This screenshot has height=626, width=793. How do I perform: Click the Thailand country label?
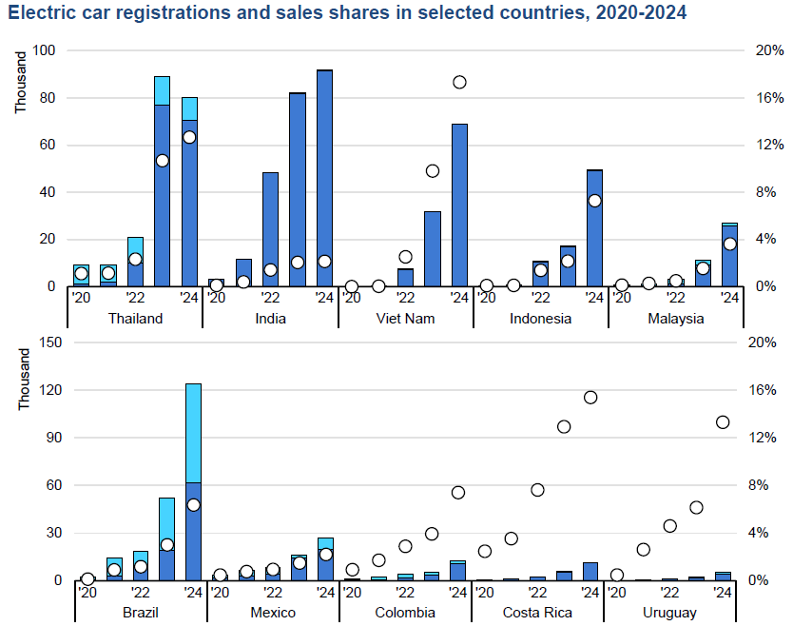(136, 319)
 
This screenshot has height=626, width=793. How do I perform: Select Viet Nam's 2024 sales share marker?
(459, 82)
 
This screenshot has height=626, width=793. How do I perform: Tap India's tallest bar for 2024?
(324, 178)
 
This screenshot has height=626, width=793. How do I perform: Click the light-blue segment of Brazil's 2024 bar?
(193, 433)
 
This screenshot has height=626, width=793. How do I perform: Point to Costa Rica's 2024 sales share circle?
(590, 398)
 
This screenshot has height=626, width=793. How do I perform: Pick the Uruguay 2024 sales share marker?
(723, 422)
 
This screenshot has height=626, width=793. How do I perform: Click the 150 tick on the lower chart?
(50, 342)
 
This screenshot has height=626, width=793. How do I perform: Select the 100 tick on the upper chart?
(44, 50)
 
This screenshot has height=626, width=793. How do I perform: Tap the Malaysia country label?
(676, 319)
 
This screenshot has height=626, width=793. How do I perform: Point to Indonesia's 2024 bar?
(595, 228)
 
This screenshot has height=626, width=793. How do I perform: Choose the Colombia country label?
(405, 613)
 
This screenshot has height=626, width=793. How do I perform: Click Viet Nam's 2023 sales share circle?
(433, 171)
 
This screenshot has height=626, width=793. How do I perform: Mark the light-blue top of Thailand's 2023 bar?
(162, 91)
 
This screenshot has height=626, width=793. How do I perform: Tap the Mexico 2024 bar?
(326, 559)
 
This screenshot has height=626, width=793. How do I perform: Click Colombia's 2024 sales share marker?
(458, 493)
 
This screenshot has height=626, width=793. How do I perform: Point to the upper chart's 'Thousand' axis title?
(20, 83)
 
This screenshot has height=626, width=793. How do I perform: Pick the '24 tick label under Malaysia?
(730, 298)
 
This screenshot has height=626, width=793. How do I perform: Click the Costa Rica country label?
(537, 613)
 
